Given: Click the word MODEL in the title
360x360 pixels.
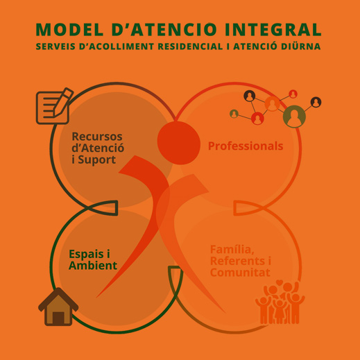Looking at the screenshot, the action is pos(69,30).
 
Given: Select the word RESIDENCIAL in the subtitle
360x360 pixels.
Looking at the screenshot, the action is pos(191,46).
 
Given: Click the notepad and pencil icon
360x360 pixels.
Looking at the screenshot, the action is pos(55,106).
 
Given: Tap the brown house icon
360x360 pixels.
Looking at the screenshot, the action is pos(58,307).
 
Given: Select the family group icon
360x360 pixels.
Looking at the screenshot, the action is pos(280,302).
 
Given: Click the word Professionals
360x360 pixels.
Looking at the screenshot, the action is pos(246,146).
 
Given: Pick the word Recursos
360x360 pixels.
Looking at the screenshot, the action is pos(97,137).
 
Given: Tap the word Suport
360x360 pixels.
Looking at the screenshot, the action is pos(96,160).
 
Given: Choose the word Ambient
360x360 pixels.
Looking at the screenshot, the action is pos(93,266).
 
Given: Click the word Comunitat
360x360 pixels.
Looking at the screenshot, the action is pos(240,273).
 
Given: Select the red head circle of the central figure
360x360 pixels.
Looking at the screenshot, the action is pos(178,143).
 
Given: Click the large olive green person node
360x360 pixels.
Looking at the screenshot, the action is pos(294,117).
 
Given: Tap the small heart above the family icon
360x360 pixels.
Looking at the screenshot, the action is pos(280,282).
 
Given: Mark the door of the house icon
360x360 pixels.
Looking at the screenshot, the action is pos(58,318).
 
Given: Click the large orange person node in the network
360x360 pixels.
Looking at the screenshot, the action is pos(272,104).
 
